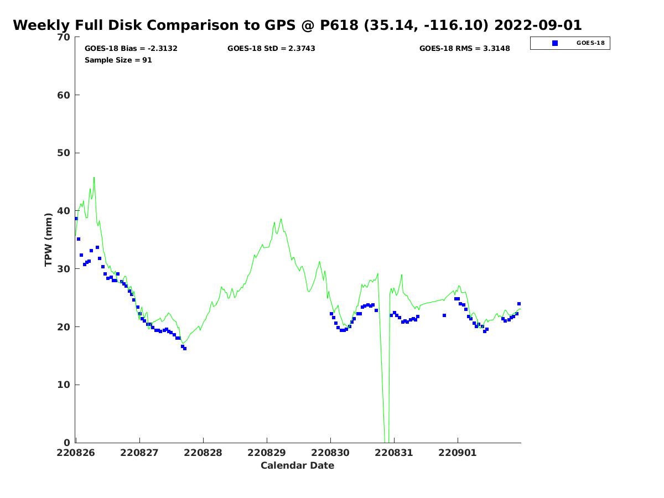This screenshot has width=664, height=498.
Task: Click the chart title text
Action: pos(297,25)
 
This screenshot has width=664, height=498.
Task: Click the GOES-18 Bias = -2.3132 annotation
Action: pos(131,48)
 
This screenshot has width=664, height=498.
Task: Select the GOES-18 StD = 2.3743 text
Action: pos(271,48)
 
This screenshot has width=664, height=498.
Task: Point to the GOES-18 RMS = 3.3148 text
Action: pos(464,48)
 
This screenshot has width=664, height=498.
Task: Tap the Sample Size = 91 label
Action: pos(118,60)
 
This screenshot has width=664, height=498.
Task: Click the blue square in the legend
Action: pos(554,43)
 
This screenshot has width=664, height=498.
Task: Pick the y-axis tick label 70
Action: pos(64,37)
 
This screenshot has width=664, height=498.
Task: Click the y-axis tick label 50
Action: pos(64,153)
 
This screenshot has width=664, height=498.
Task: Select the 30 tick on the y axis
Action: pos(64,268)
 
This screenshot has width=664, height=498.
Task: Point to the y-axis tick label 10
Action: pos(64,385)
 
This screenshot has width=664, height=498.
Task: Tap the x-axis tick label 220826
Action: pos(76,453)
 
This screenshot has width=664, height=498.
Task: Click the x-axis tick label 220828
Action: pos(203,453)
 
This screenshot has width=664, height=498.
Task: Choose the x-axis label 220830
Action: pos(330,453)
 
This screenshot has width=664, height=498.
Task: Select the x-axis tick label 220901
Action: pos(458,453)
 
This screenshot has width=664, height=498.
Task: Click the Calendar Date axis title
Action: pos(297,465)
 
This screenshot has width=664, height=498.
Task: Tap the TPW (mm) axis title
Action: pos(48,240)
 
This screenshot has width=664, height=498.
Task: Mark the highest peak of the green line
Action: pos(94,178)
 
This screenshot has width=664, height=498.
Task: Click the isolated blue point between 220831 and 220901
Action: pos(444,315)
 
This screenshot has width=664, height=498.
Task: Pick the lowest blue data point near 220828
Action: pos(185,349)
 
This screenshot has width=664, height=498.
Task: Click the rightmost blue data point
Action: pos(519,304)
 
